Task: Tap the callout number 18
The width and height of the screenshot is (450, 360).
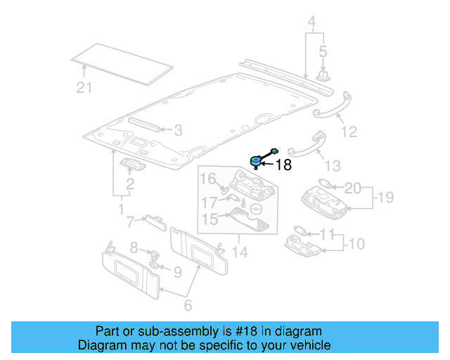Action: (x=283, y=165)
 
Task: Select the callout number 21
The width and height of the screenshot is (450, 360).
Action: (x=84, y=87)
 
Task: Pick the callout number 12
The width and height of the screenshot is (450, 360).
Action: (x=349, y=131)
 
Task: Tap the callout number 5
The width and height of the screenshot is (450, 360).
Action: (x=323, y=51)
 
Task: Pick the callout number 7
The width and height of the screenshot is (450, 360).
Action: (x=131, y=223)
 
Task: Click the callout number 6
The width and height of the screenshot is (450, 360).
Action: (x=188, y=306)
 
